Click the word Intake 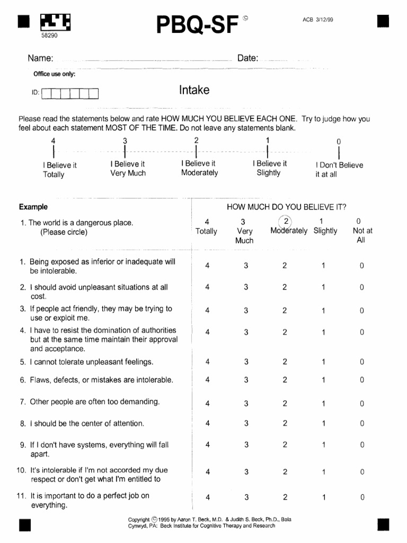194,90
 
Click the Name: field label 40,58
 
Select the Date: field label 247,58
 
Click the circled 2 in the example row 285,221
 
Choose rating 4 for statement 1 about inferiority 207,266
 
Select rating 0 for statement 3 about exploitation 361,311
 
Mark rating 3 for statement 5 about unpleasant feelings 246,362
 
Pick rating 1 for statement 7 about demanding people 323,404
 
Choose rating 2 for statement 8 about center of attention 285,423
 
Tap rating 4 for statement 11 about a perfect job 207,497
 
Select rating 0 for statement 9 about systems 361,445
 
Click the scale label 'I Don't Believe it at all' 339,170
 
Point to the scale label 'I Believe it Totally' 59,170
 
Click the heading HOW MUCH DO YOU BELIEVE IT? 286,207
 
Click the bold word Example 33,207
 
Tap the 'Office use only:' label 55,74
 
